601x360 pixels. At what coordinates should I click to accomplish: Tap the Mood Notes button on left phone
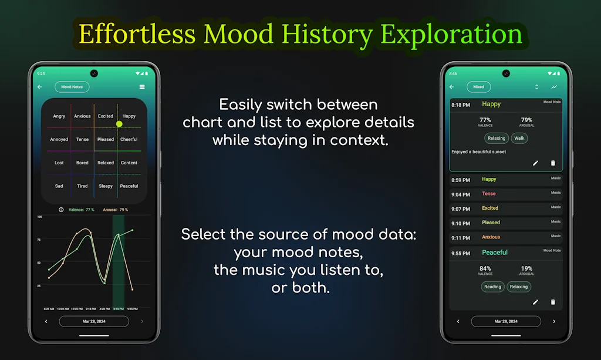(x=72, y=87)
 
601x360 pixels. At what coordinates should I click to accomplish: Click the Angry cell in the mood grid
(x=59, y=116)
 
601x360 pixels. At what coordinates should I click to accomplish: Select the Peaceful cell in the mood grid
(x=129, y=186)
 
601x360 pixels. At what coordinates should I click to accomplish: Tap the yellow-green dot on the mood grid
(x=119, y=124)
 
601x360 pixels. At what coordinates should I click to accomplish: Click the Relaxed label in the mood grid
(x=106, y=163)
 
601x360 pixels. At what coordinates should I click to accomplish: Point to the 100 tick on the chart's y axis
(x=40, y=217)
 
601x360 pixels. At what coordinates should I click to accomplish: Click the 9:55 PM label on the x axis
(x=132, y=308)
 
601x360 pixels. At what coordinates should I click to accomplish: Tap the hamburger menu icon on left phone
(x=142, y=87)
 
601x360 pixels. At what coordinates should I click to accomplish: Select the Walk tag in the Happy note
(x=519, y=139)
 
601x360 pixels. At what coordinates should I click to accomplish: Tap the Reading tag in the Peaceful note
(x=492, y=287)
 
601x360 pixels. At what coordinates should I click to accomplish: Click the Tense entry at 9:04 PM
(x=488, y=194)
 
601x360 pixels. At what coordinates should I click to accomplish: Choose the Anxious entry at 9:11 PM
(x=491, y=237)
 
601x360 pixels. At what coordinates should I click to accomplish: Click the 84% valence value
(x=485, y=268)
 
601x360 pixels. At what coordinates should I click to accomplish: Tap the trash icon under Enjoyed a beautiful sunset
(x=552, y=163)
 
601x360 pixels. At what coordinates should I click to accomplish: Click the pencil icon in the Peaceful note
(x=535, y=302)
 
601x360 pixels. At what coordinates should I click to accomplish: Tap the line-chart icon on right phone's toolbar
(x=554, y=87)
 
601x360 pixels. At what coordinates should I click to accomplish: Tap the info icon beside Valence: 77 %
(x=61, y=210)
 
